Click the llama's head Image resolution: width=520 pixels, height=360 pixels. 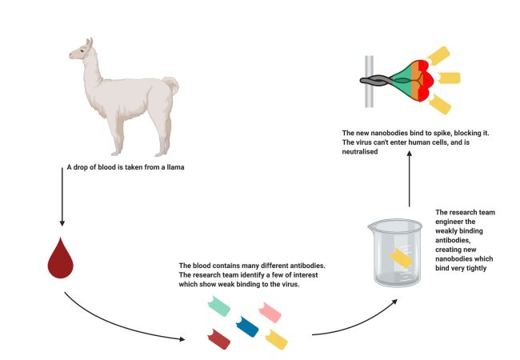(x=82, y=50)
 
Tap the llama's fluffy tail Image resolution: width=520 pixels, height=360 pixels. (x=171, y=85)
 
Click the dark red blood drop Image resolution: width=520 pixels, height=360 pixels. (x=60, y=258)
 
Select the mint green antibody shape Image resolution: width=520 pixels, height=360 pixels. (x=219, y=306)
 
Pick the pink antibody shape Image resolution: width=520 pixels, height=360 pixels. (x=270, y=312)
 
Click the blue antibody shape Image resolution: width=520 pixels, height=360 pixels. (x=247, y=326)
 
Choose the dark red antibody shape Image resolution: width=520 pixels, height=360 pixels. (x=219, y=338)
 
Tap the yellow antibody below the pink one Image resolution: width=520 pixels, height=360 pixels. (x=276, y=339)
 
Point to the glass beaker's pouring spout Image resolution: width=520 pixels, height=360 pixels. (x=371, y=226)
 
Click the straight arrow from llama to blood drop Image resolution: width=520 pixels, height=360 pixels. (x=62, y=197)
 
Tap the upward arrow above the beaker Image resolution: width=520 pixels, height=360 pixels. (x=410, y=178)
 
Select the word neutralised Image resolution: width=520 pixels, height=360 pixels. (x=360, y=152)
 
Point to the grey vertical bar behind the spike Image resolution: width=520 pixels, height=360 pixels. (x=369, y=82)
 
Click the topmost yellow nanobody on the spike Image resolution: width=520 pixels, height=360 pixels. (x=438, y=55)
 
